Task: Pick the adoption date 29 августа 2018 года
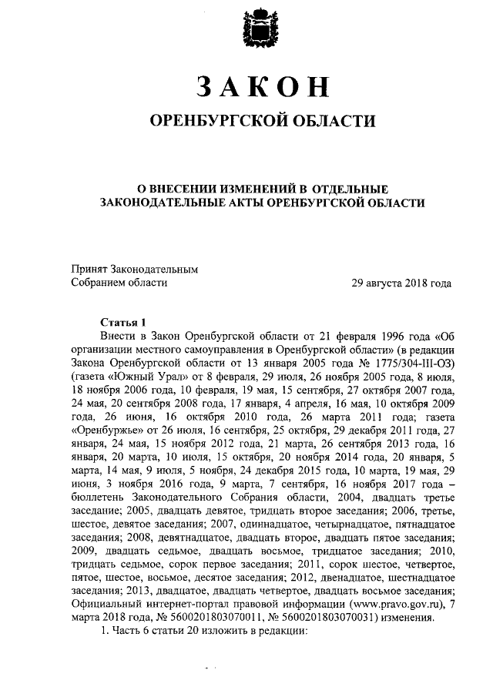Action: coord(401,283)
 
